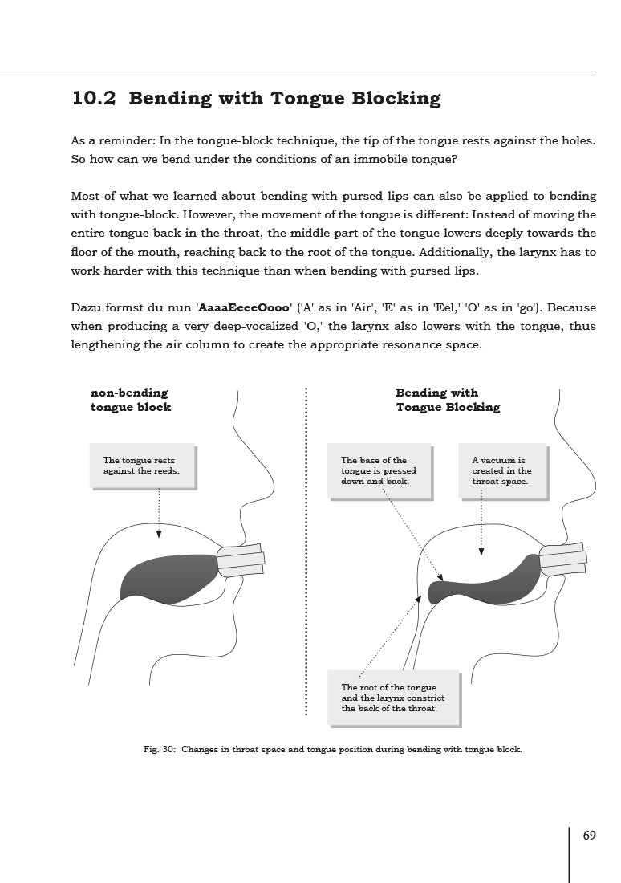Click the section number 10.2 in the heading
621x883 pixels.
coord(94,99)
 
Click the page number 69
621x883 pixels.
coord(590,836)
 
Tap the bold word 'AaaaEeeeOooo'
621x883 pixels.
coord(244,307)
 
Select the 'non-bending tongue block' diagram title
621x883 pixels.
coord(130,400)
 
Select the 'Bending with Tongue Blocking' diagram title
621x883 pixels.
coord(447,400)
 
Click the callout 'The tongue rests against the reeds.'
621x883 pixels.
coord(142,466)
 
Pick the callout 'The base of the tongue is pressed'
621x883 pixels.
coord(379,470)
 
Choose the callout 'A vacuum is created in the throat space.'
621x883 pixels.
coord(501,470)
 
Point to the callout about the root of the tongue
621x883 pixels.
coord(393,698)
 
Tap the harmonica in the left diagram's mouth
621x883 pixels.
coord(241,560)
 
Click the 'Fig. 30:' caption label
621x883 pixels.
coord(160,750)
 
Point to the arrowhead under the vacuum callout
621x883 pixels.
coord(481,551)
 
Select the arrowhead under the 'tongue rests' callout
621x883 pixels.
coord(159,535)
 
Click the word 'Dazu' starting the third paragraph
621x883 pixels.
coord(87,307)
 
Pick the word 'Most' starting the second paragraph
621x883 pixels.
coord(86,196)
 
